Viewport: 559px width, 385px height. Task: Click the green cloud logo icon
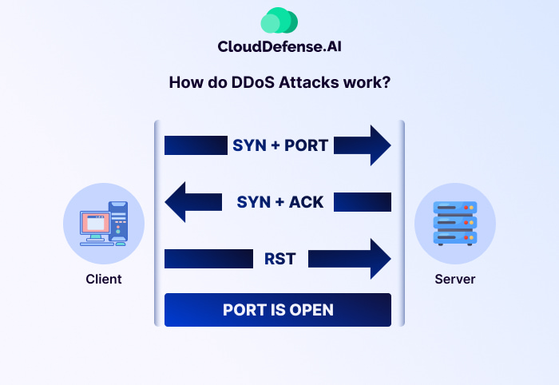279,21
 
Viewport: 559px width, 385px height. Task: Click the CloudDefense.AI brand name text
279,47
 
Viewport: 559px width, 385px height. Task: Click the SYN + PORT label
280,145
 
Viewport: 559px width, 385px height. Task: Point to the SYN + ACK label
280,201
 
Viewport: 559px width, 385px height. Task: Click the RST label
280,259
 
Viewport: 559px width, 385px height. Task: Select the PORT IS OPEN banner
278,310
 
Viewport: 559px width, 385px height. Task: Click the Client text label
104,280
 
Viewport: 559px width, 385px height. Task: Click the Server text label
455,280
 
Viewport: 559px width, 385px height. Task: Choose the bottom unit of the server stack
455,237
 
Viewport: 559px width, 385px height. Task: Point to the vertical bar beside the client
157,224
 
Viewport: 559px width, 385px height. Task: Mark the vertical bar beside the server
402,224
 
